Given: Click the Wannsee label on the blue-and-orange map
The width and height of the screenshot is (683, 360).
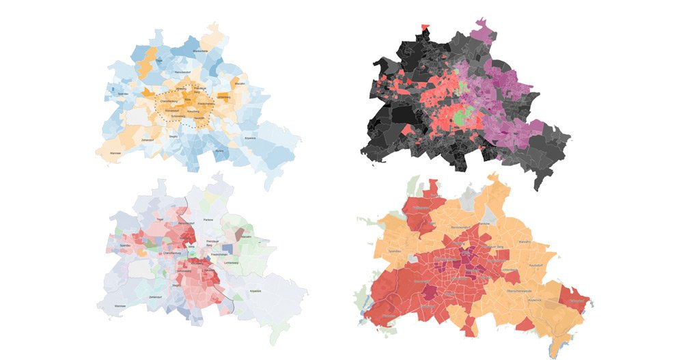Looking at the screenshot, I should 114,153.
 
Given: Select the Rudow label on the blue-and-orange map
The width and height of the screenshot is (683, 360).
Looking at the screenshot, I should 219,150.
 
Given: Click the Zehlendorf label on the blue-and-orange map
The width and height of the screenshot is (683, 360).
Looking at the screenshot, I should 147,139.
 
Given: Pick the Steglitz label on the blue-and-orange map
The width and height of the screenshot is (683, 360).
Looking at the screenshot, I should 174,136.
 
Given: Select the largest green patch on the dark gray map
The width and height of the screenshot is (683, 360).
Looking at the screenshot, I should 466,115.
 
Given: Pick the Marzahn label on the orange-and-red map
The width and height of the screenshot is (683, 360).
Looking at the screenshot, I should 525,242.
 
